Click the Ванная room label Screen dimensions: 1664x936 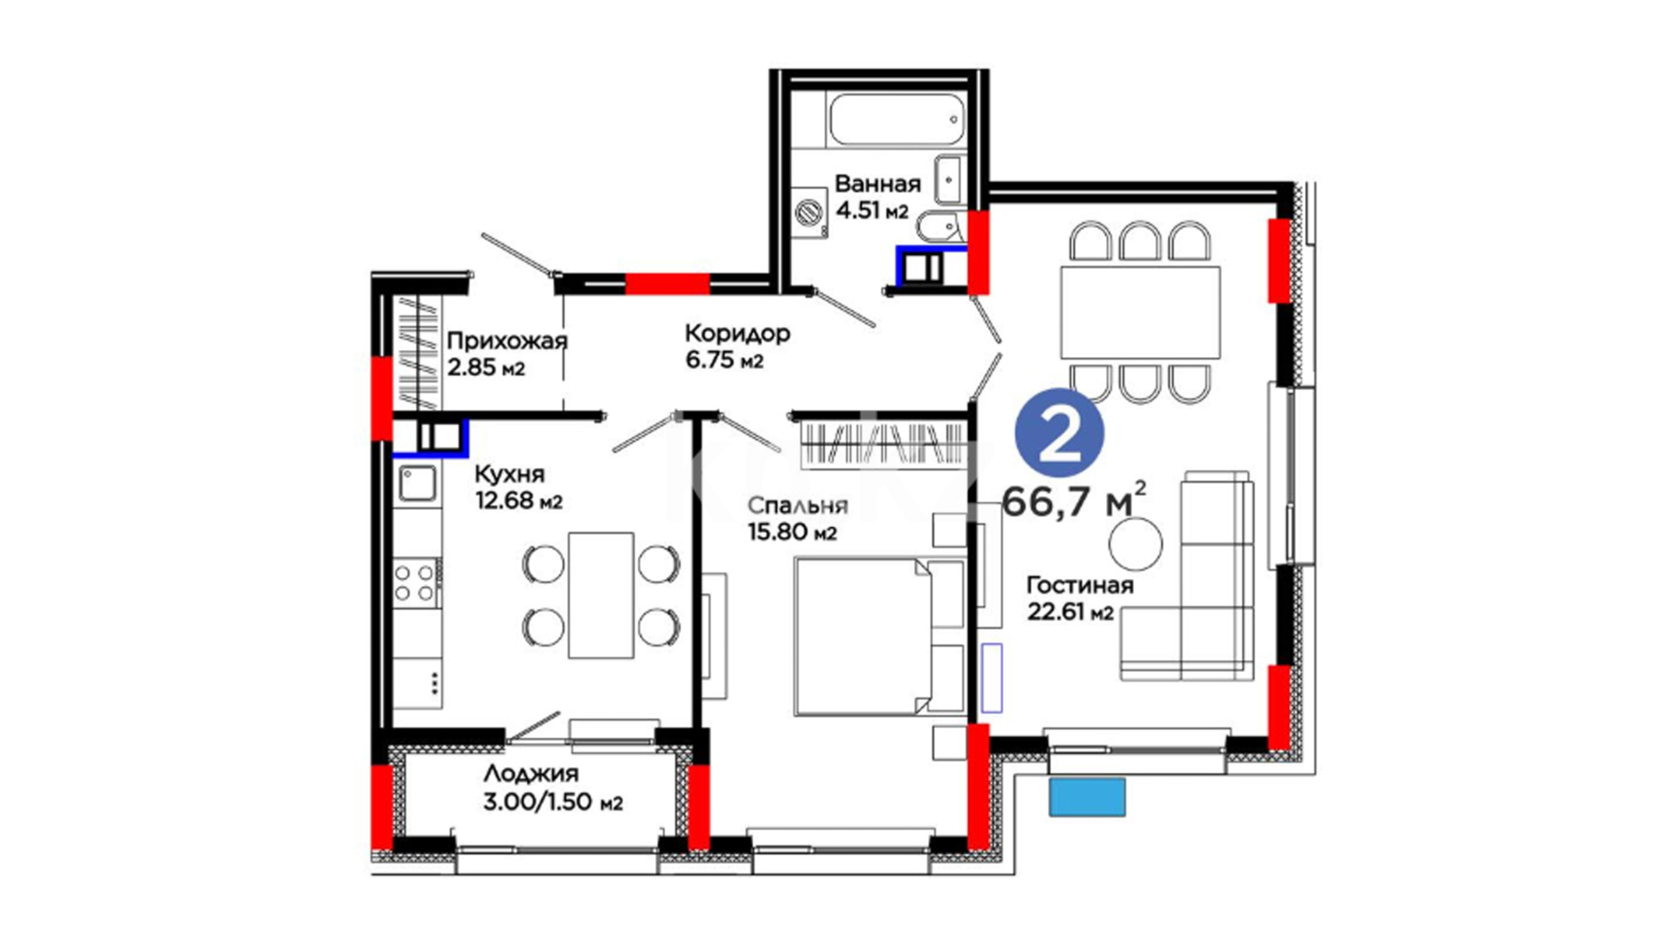(x=877, y=184)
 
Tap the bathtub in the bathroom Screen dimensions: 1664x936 (x=896, y=120)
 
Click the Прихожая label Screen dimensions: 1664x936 (x=507, y=341)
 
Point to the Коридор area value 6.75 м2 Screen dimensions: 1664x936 (x=725, y=360)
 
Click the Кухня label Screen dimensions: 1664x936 (x=510, y=474)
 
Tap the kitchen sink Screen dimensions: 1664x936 (x=418, y=484)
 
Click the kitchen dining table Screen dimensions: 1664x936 (x=601, y=595)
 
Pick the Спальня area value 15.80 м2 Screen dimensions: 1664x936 (x=792, y=531)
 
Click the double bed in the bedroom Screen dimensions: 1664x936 (x=879, y=636)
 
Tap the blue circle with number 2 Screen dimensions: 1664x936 (x=1059, y=432)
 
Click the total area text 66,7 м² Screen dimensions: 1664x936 (x=1074, y=501)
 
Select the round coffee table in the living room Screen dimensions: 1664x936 (x=1135, y=544)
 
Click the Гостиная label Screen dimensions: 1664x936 (x=1080, y=585)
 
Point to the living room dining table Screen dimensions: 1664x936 (x=1141, y=312)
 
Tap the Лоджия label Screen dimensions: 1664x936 (x=530, y=773)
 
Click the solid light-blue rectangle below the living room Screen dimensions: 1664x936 (x=1087, y=797)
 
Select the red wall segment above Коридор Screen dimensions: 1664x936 (x=667, y=283)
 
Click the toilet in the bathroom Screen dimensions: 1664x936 (x=938, y=226)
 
